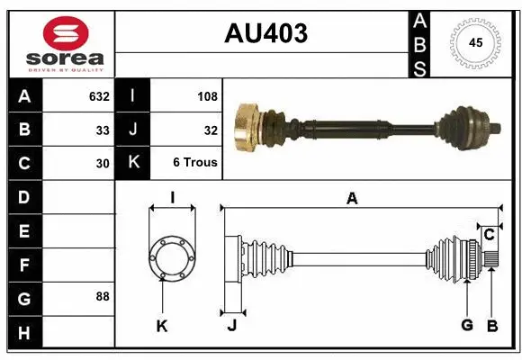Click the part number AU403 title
pos(265,33)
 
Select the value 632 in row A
pos(98,96)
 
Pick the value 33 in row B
pos(103,130)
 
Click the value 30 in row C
pos(103,164)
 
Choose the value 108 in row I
pos(207,96)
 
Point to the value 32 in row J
pos(211,130)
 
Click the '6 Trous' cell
pos(195,164)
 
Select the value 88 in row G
pos(103,296)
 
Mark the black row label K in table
pos(132,164)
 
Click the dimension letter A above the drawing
pos(352,199)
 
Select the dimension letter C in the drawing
pos(489,234)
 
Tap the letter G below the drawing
pos(466,325)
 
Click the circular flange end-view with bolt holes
pos(171,256)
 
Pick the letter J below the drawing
pos(230,325)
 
